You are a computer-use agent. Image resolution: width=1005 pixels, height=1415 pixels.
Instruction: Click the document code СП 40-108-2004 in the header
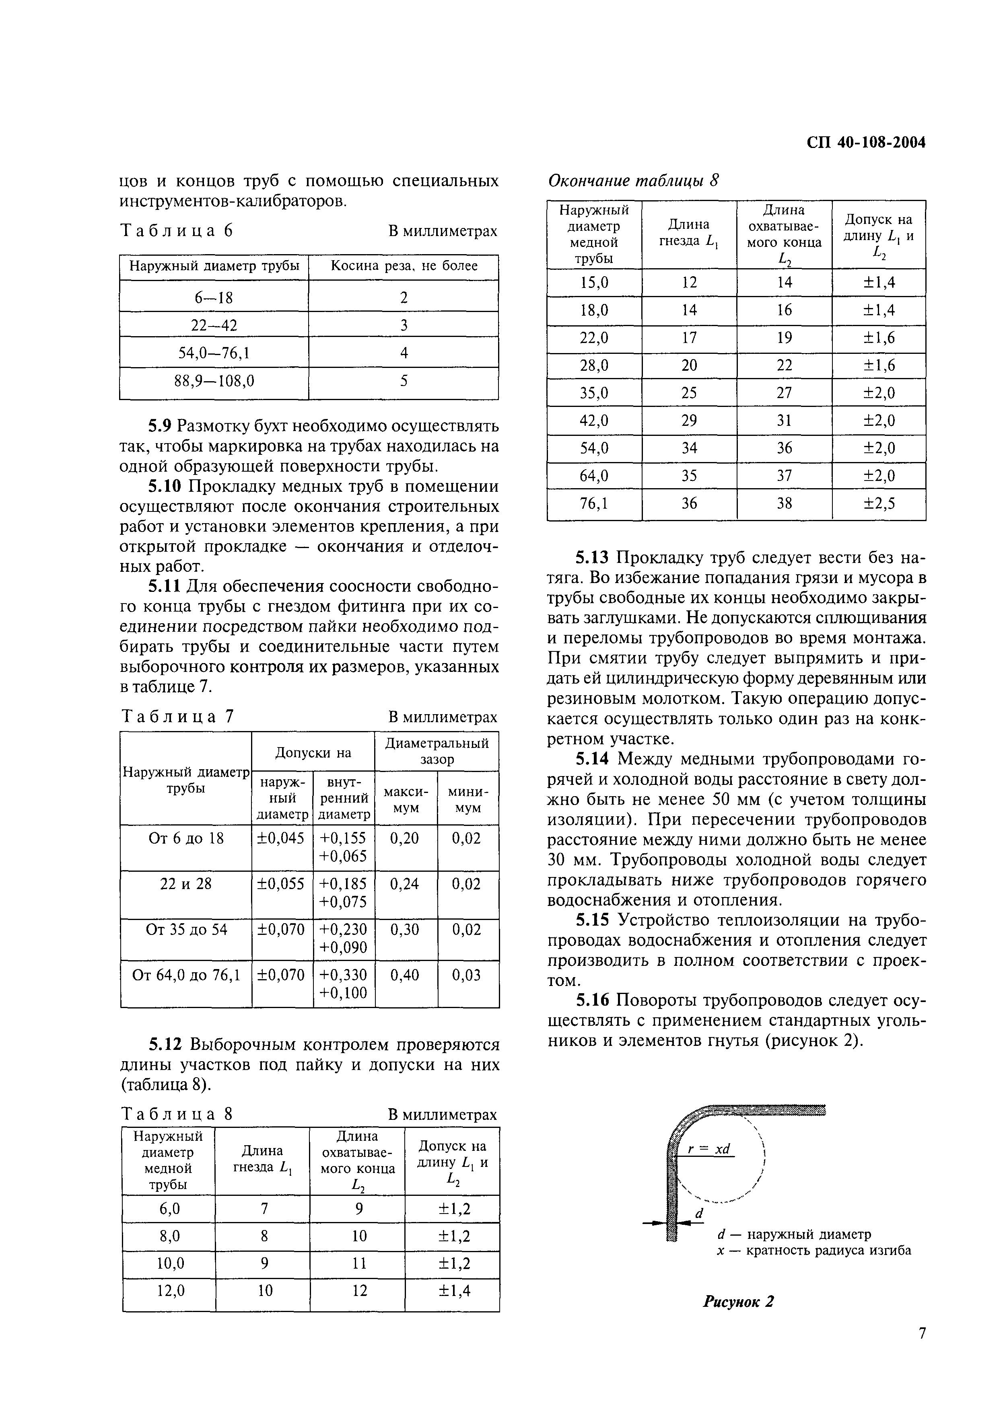pyautogui.click(x=866, y=143)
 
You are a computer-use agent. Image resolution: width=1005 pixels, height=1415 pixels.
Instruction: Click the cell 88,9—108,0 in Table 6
pyautogui.click(x=214, y=381)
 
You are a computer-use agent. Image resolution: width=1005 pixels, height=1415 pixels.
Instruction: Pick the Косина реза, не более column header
pyautogui.click(x=404, y=266)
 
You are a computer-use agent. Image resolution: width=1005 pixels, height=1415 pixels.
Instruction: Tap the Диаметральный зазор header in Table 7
pyautogui.click(x=437, y=750)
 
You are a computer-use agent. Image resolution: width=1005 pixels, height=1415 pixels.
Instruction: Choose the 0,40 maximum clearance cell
pyautogui.click(x=406, y=975)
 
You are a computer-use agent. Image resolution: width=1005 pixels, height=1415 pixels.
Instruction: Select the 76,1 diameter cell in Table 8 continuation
pyautogui.click(x=594, y=503)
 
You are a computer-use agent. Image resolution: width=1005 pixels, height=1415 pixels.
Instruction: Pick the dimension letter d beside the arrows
pyautogui.click(x=699, y=1214)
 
